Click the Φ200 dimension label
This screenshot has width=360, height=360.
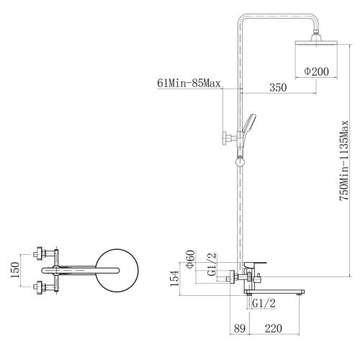pyautogui.click(x=316, y=71)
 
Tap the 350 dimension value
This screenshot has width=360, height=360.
pyautogui.click(x=278, y=87)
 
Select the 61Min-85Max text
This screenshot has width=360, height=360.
pyautogui.click(x=189, y=84)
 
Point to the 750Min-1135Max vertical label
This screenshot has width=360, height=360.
pyautogui.click(x=343, y=161)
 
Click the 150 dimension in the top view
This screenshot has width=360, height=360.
pyautogui.click(x=15, y=270)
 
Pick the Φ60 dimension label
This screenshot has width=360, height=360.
pyautogui.click(x=191, y=259)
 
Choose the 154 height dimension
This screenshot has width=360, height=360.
pyautogui.click(x=174, y=278)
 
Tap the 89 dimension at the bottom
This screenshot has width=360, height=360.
pyautogui.click(x=240, y=328)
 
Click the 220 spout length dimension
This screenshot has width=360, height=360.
pyautogui.click(x=274, y=328)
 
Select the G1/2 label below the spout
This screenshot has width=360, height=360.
pyautogui.click(x=264, y=304)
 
